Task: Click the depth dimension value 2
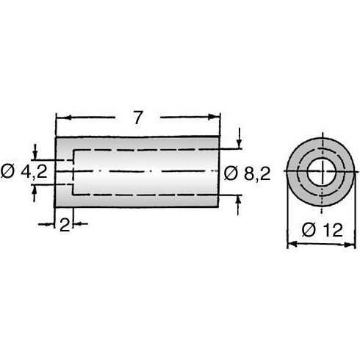pos(65,225)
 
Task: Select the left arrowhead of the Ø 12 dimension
pos(289,244)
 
